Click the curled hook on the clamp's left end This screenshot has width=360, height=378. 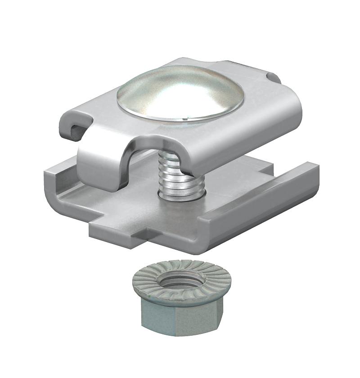pyautogui.click(x=74, y=124)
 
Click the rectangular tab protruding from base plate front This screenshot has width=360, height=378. pyautogui.click(x=119, y=234)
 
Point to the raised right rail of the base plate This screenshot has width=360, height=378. pyautogui.click(x=265, y=198)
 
